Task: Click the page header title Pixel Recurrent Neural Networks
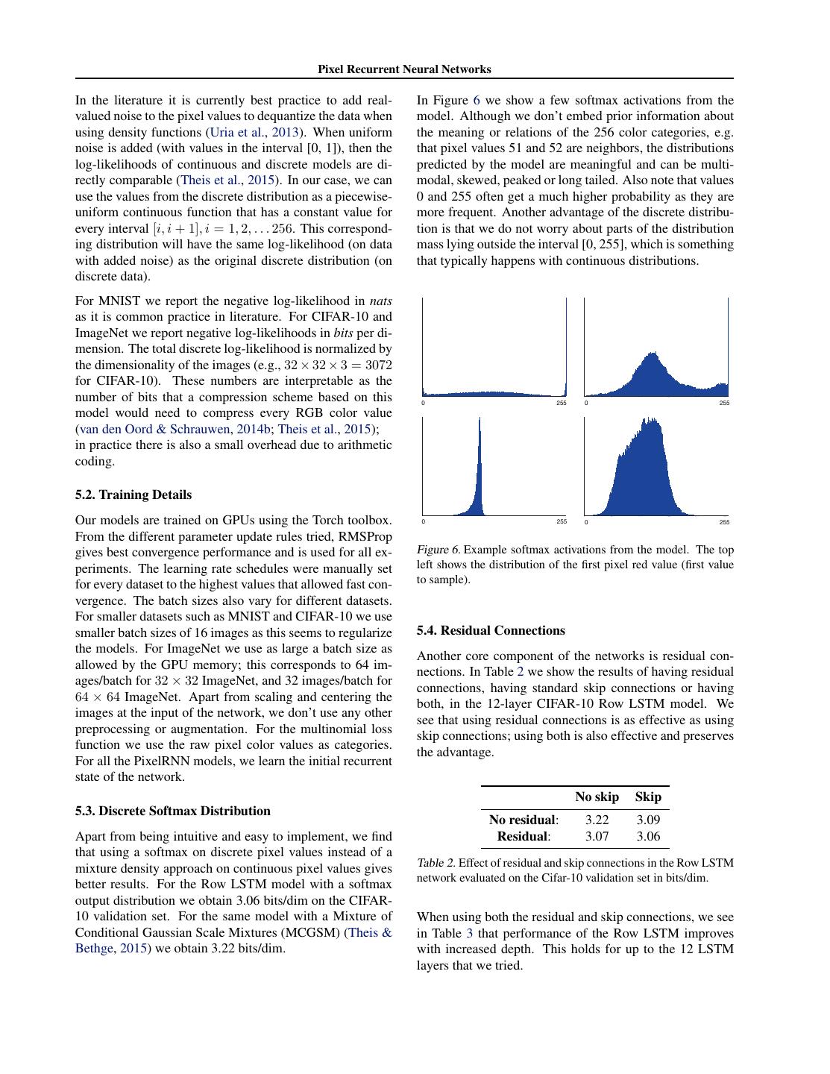(404, 69)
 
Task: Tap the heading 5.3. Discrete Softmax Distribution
(173, 811)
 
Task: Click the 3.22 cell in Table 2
(597, 820)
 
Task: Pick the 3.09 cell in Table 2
(648, 820)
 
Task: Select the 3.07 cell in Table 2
(597, 836)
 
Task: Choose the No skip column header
(597, 797)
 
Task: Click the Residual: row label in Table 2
(524, 836)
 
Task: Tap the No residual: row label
(524, 820)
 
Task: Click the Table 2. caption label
(436, 863)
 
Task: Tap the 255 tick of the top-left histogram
(562, 403)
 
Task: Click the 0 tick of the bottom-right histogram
(586, 522)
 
